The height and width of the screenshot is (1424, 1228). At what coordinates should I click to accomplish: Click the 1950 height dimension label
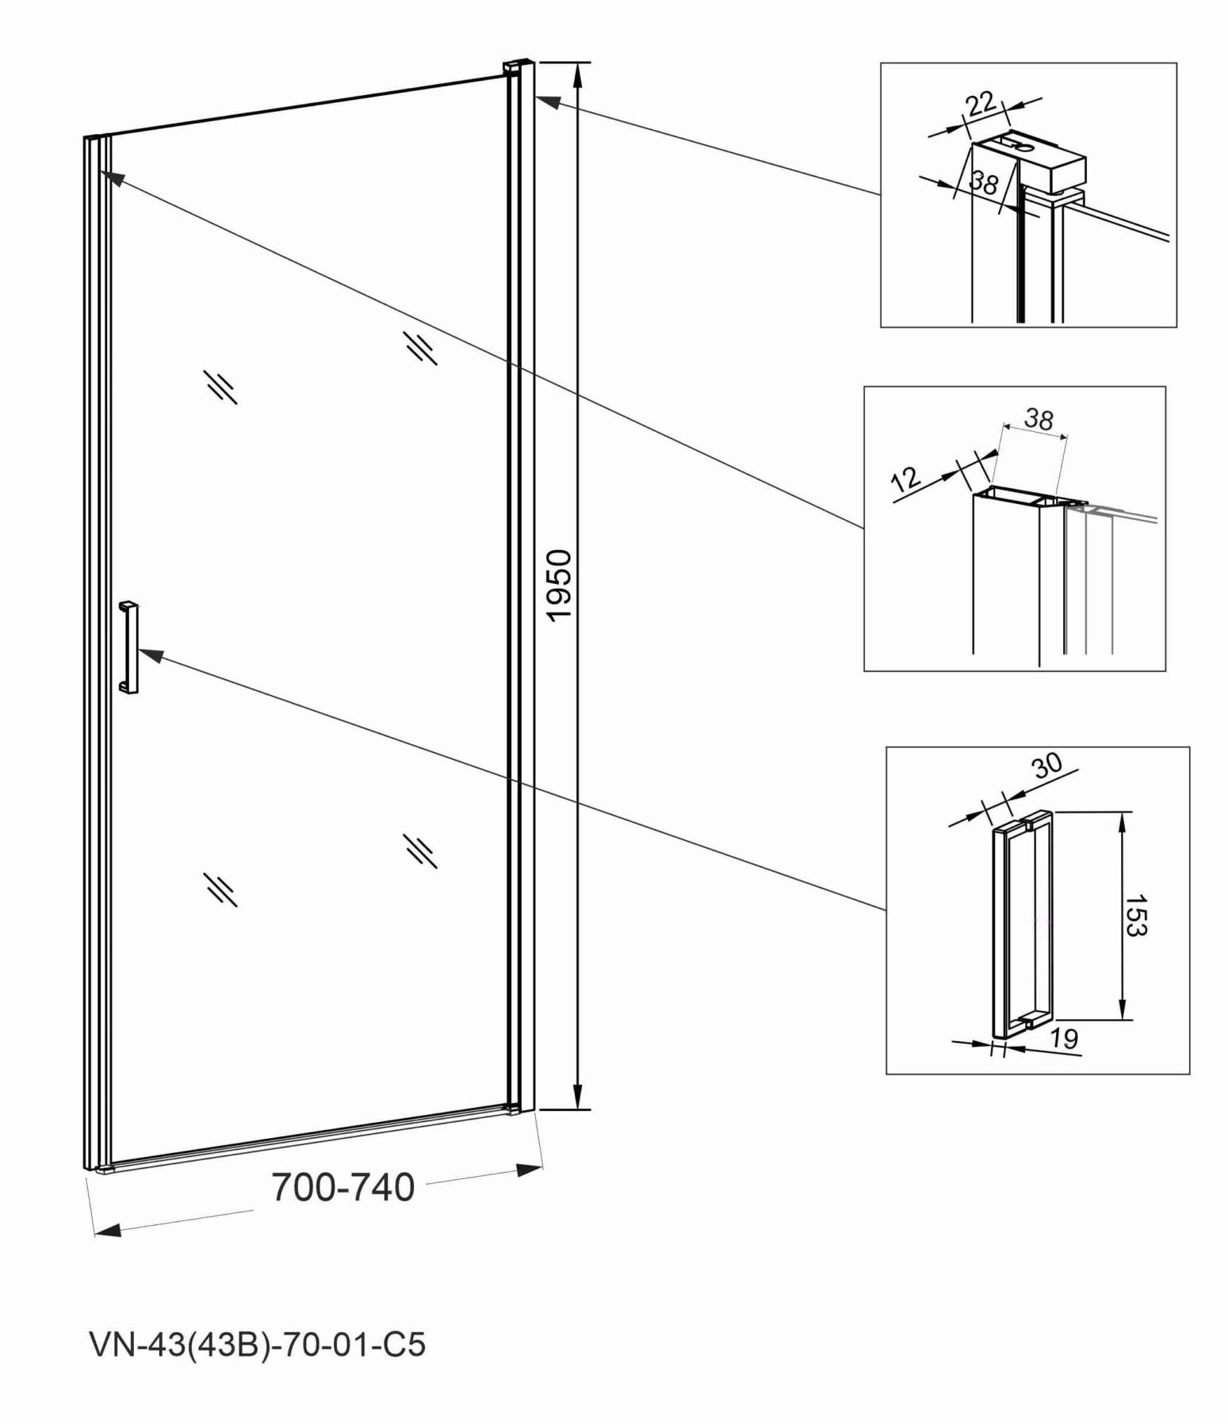tap(560, 586)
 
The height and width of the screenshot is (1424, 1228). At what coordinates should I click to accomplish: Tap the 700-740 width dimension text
tap(342, 1187)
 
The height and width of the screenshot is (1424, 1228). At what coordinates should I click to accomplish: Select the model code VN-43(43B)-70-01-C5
tap(258, 1345)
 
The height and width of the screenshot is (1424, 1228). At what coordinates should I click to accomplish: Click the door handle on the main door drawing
tap(128, 647)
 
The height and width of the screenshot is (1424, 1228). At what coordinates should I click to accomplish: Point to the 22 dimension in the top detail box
tap(981, 105)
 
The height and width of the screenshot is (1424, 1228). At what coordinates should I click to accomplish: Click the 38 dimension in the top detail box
tap(984, 184)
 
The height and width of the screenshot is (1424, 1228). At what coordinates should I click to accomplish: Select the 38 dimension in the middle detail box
tap(1039, 418)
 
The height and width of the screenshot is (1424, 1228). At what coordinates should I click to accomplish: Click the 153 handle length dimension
tap(1135, 915)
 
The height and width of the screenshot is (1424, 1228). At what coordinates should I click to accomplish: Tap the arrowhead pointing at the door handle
tap(151, 655)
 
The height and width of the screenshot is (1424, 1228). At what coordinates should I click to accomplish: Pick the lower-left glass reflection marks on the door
tap(220, 889)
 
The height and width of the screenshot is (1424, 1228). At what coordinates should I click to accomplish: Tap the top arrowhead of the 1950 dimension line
tap(579, 75)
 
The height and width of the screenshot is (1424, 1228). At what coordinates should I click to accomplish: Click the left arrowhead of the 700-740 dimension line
tap(108, 1231)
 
